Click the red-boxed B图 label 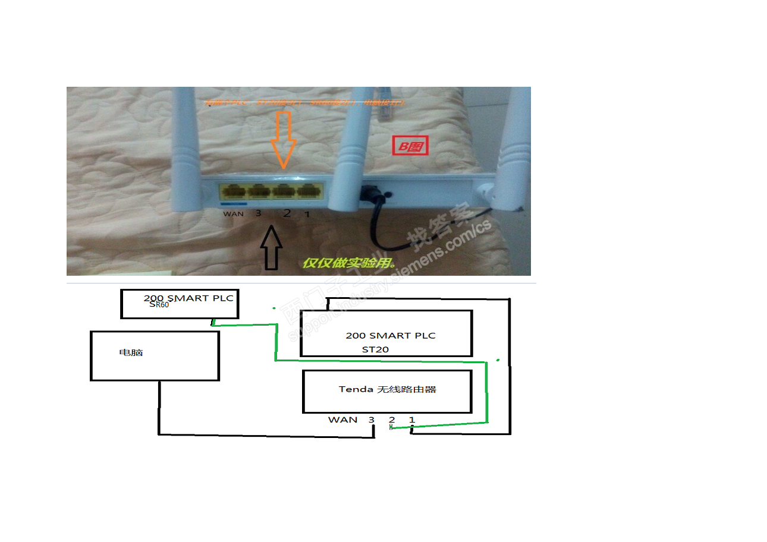tap(410, 146)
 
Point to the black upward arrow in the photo tap(271, 250)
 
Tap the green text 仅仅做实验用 tap(347, 262)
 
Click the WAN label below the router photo tap(234, 213)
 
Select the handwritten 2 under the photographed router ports tap(287, 213)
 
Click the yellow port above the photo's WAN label tap(231, 192)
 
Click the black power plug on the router tap(369, 194)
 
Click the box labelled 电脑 tap(155, 355)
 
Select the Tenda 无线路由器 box tap(387, 391)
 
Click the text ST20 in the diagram tap(375, 349)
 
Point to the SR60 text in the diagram tap(159, 305)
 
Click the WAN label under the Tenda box tap(342, 420)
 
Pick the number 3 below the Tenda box tap(372, 420)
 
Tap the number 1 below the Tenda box tap(411, 420)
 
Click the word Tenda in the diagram tap(356, 390)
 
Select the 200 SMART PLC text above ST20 tap(390, 336)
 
